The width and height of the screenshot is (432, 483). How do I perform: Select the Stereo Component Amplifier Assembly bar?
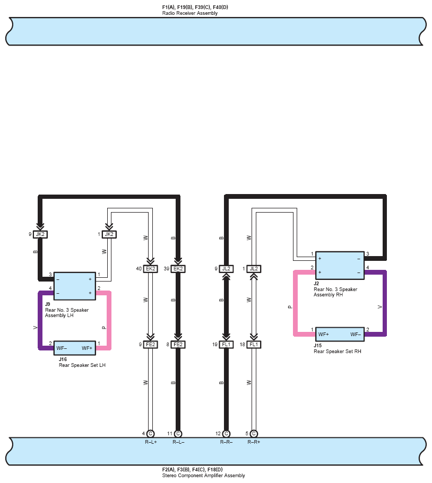tap(216, 451)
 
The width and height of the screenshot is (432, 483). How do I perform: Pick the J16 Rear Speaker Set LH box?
tap(74, 348)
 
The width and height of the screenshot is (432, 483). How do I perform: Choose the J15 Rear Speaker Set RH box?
tap(340, 335)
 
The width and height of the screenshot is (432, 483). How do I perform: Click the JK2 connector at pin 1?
tap(109, 234)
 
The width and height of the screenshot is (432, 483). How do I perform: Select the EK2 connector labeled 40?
tap(151, 269)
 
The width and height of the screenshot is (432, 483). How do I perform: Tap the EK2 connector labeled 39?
tap(178, 269)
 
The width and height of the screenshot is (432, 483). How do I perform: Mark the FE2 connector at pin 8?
tap(178, 345)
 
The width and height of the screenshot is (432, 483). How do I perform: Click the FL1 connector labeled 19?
tap(227, 345)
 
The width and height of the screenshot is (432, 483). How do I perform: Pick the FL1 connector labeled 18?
tap(254, 345)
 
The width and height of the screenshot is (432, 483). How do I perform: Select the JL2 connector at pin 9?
tap(227, 269)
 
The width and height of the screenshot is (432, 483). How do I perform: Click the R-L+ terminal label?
tap(151, 442)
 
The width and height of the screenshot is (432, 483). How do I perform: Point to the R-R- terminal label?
tap(227, 442)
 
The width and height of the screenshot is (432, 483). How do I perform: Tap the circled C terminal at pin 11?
tap(178, 434)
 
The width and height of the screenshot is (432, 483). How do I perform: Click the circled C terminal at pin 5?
tap(254, 434)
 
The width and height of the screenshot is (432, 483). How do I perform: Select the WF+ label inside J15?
tap(323, 335)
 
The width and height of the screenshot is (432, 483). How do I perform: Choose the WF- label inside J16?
tap(62, 348)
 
